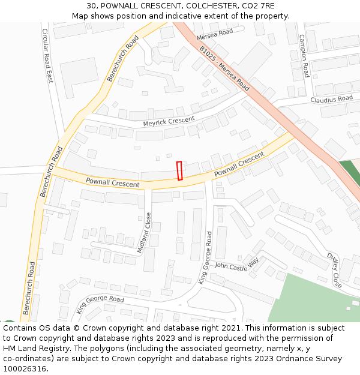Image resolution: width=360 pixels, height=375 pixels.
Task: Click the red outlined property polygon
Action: point(179,170)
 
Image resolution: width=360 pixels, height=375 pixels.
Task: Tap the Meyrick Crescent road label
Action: point(169,122)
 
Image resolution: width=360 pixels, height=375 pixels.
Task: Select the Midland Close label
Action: point(145,233)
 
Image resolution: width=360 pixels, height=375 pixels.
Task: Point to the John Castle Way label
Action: point(236,266)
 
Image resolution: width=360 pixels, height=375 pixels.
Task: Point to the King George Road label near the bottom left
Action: point(100,304)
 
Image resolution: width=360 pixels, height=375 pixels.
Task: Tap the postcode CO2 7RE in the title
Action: point(259,5)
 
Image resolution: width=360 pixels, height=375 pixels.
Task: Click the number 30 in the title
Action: point(91,5)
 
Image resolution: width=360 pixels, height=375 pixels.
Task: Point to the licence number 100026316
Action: point(25,368)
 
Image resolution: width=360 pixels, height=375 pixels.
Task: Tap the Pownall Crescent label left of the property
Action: point(112,182)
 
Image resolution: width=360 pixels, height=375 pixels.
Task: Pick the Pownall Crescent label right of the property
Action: point(239,164)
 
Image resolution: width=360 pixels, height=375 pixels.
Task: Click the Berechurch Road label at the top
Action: point(123,58)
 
